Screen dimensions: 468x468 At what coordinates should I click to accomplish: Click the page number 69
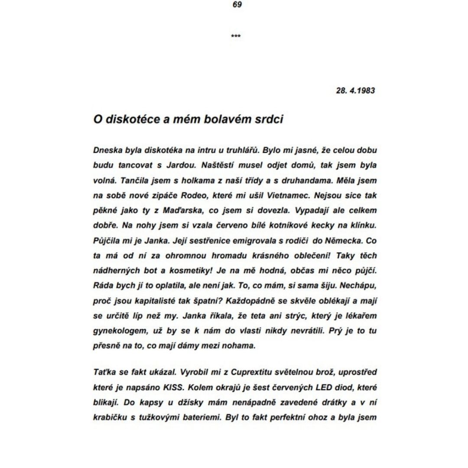click(237, 5)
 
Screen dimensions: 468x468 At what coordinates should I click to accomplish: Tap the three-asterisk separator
click(236, 36)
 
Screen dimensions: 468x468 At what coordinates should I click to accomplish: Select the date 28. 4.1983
click(355, 91)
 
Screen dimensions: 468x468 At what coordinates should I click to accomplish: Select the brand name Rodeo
click(188, 195)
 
